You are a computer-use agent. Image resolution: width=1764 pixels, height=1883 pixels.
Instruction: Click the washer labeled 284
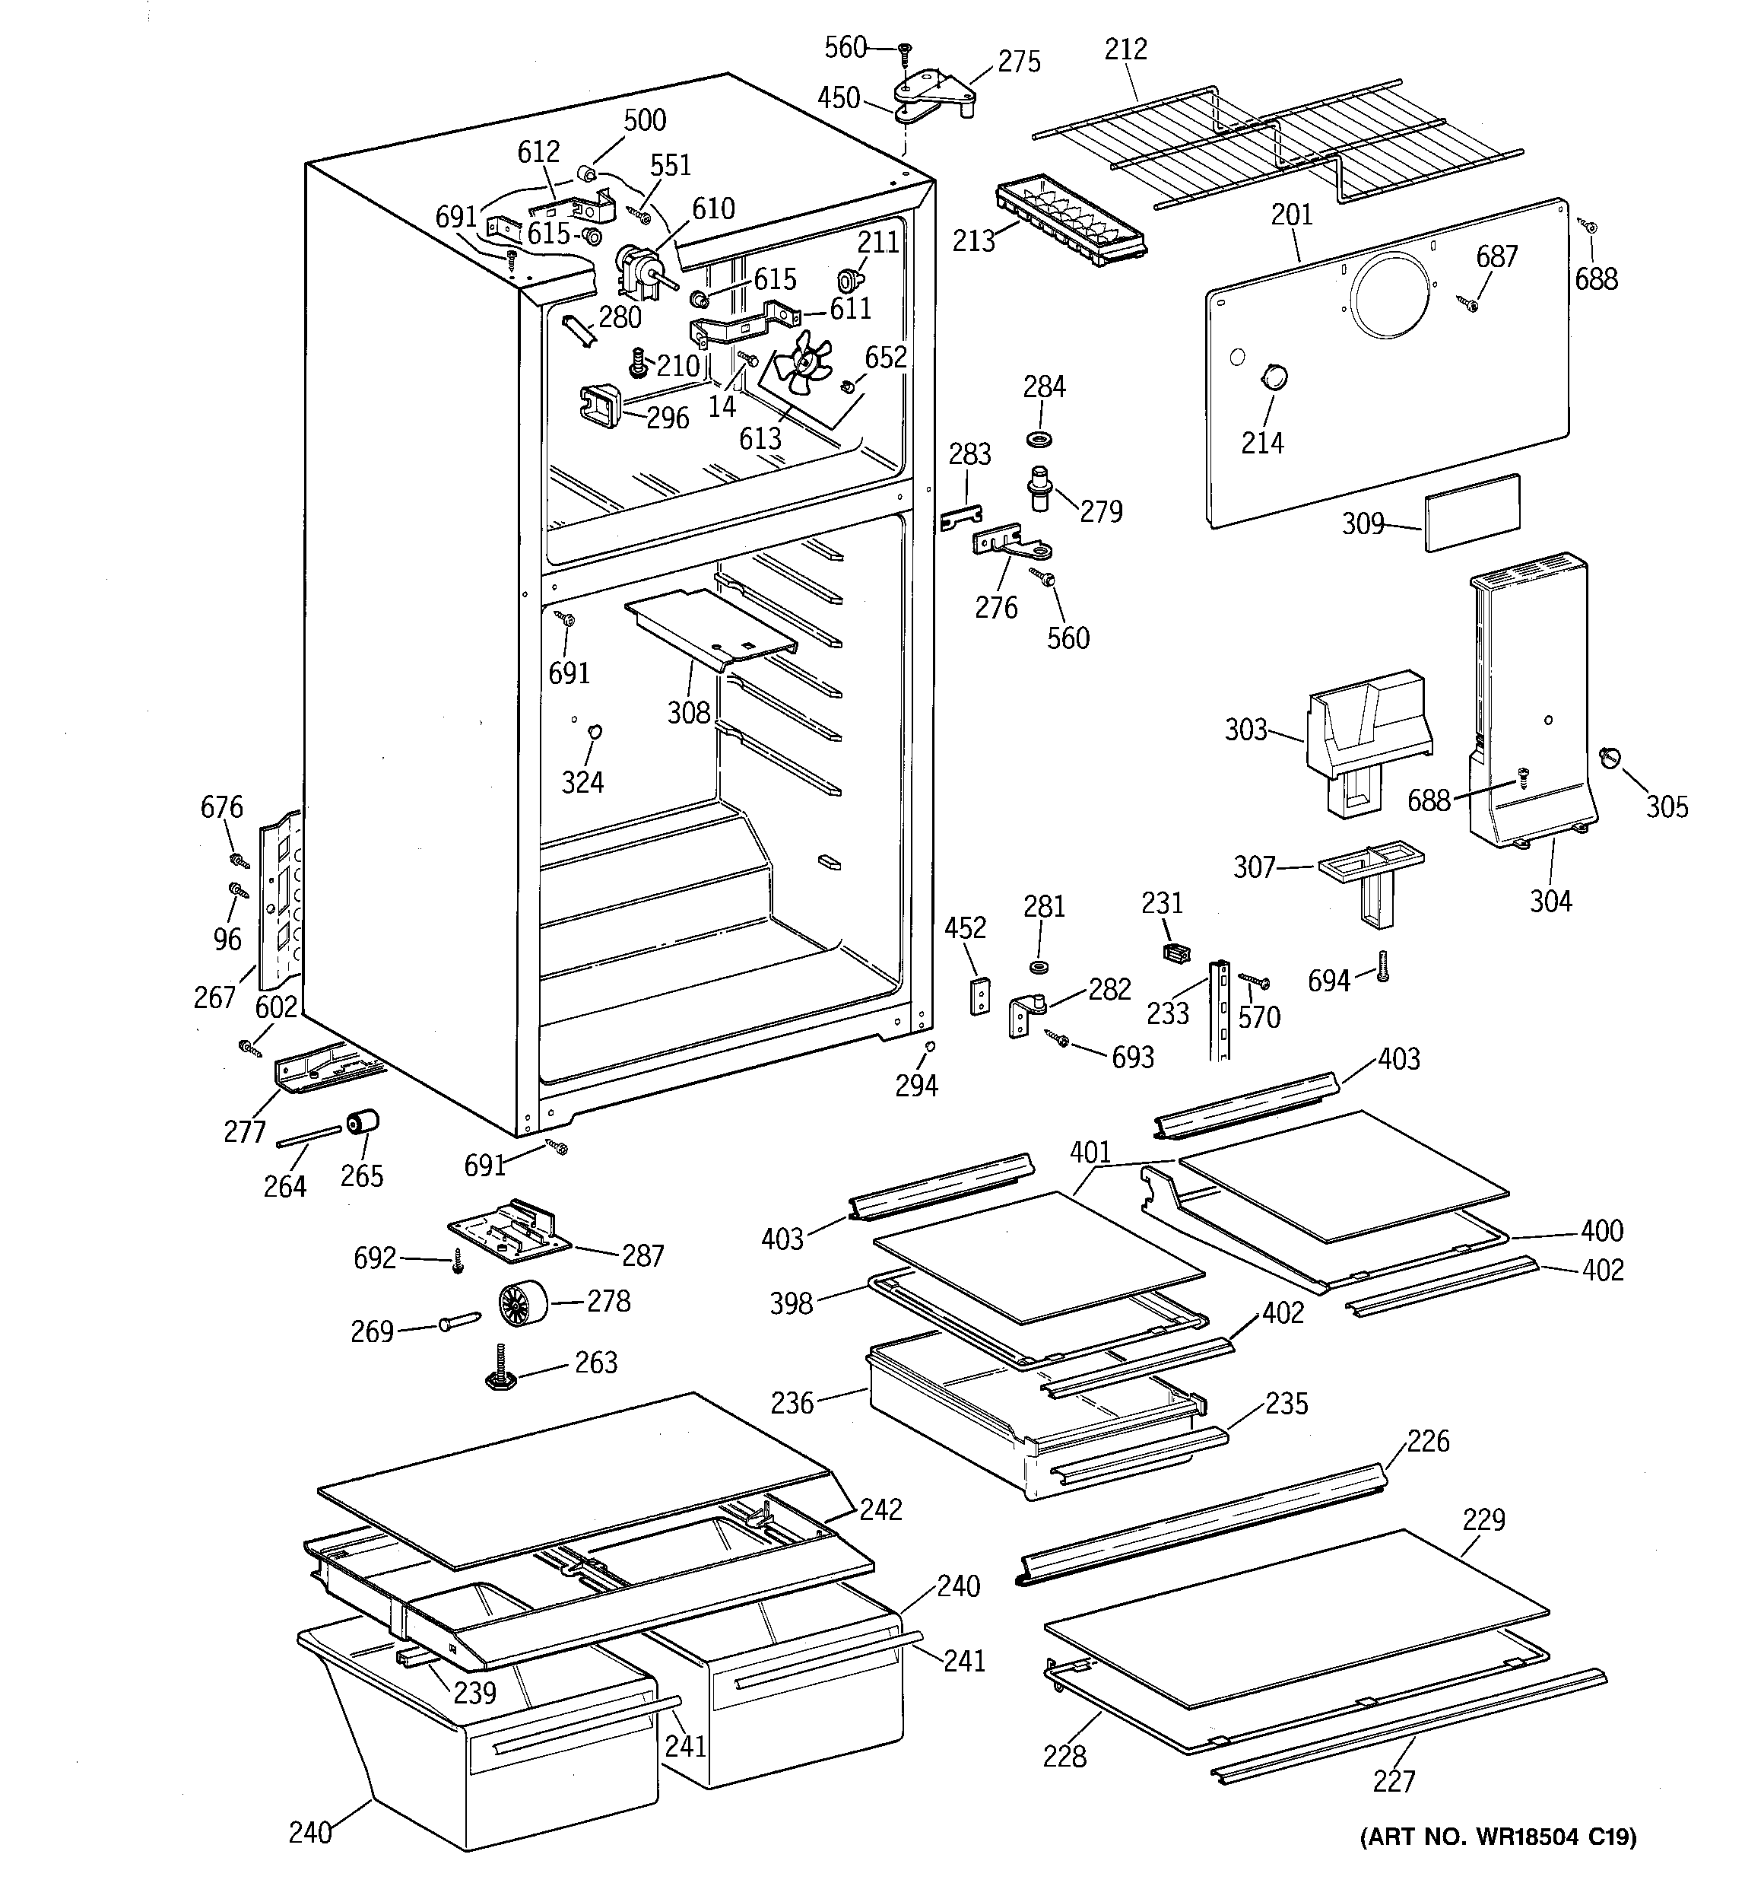click(1041, 440)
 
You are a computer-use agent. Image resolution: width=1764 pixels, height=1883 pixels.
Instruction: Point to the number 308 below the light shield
click(688, 713)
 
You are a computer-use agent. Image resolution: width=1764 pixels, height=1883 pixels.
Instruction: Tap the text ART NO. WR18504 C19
click(1498, 1837)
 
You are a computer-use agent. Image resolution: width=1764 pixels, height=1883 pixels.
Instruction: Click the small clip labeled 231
click(1175, 952)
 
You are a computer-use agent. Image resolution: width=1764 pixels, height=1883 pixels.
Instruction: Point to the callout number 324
click(582, 782)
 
